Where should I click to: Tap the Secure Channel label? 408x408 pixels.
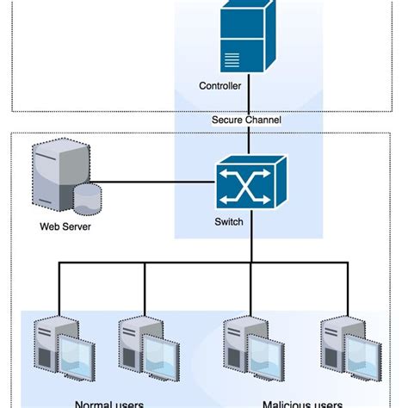246,120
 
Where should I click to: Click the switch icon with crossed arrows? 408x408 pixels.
249,182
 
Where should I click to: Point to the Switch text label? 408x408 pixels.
228,221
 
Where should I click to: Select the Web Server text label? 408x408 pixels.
65,227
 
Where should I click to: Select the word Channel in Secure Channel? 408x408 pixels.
263,120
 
